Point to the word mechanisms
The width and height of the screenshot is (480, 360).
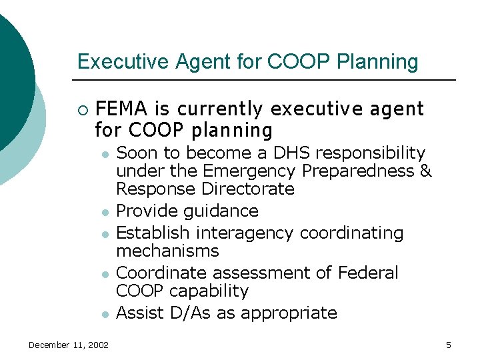coord(167,251)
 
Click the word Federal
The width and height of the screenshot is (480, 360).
coord(368,273)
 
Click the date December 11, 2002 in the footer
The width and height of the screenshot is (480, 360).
coord(69,345)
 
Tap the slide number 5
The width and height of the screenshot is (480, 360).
coord(448,345)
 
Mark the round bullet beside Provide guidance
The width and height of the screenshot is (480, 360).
coord(105,213)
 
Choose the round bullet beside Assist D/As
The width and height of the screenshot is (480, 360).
coord(105,314)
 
